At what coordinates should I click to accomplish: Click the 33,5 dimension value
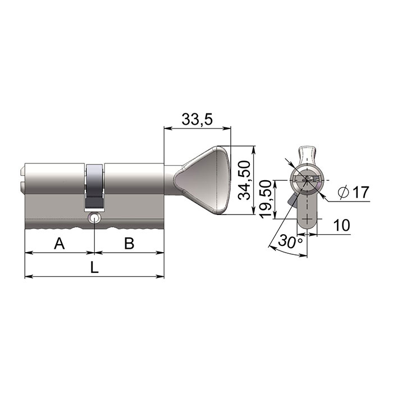coord(197,119)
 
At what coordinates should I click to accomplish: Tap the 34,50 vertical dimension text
coord(244,180)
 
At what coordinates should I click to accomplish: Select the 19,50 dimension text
coord(266,199)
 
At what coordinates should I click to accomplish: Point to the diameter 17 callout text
coord(353,193)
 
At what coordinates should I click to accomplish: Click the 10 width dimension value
coord(342,225)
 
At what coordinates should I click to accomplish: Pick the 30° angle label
coord(290,241)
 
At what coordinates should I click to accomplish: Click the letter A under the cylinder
coord(60,243)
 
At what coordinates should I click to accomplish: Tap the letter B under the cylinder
coord(129,243)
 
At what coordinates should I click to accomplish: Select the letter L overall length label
coord(94,267)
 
